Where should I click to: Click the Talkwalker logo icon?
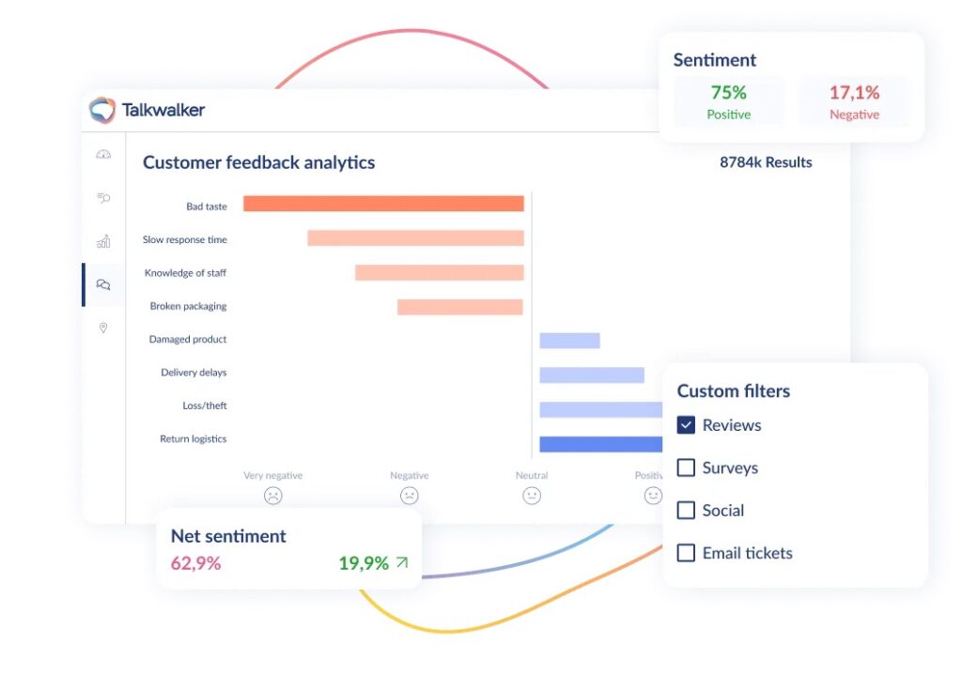[101, 110]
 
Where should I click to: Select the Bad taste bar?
[383, 204]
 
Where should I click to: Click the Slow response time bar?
[415, 237]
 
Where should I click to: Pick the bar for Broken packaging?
[460, 307]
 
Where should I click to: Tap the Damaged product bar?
[569, 340]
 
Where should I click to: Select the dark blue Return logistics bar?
[600, 444]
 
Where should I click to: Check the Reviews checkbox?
[686, 425]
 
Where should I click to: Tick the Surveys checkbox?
[686, 467]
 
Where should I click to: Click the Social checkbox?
[686, 510]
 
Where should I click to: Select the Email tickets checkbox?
[686, 553]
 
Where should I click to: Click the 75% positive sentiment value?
[728, 93]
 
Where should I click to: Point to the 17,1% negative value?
[854, 93]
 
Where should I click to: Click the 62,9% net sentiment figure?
[195, 562]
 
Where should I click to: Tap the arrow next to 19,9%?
[402, 562]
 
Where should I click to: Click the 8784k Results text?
[766, 162]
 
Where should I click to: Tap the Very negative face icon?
[273, 496]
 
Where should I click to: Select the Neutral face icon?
[532, 496]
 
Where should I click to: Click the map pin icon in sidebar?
[103, 328]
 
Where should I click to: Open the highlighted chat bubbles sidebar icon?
[103, 284]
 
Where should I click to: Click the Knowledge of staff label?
[185, 273]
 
